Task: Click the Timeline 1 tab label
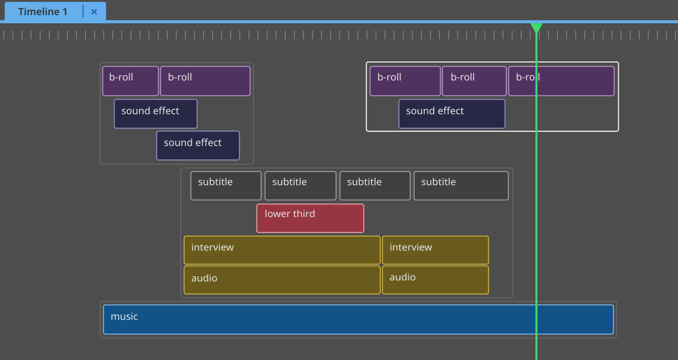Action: (x=42, y=12)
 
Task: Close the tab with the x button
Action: (x=94, y=12)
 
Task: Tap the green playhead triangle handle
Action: (x=537, y=27)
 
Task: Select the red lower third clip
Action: (x=310, y=218)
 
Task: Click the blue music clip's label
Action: (x=124, y=317)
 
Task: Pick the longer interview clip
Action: (x=282, y=250)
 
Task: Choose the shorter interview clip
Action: (x=435, y=250)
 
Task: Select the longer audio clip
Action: (x=282, y=280)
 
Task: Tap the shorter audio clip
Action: (x=435, y=280)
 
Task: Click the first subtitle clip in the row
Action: (x=226, y=185)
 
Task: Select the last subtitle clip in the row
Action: (x=461, y=185)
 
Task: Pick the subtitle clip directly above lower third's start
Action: (x=300, y=185)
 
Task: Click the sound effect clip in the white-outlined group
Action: (x=451, y=114)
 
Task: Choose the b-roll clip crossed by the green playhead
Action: (x=561, y=81)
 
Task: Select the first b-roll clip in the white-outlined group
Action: (x=405, y=81)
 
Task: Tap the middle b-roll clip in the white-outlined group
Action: (x=474, y=81)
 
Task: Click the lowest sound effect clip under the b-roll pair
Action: (x=198, y=146)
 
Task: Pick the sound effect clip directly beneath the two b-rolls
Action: (x=155, y=114)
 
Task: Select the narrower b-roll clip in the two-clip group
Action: (x=130, y=81)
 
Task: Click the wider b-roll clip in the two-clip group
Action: (x=205, y=81)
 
